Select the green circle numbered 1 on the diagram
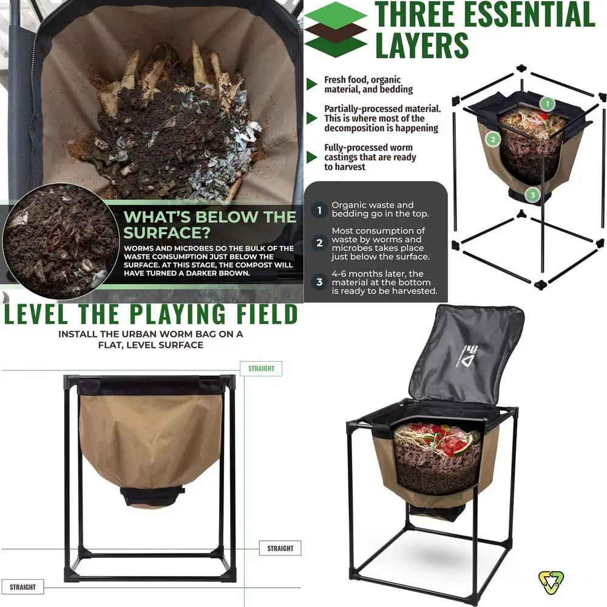(546, 104)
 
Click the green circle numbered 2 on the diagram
(493, 139)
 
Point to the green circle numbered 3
(532, 195)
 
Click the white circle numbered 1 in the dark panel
(319, 211)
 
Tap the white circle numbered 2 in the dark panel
(319, 243)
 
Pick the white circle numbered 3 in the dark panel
(319, 282)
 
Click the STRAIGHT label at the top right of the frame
(262, 368)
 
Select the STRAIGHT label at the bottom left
(22, 587)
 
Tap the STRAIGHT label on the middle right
(280, 548)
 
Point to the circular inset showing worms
(59, 241)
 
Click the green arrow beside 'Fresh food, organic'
(312, 84)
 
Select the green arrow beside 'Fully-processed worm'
(312, 157)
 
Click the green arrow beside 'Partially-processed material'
(312, 118)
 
